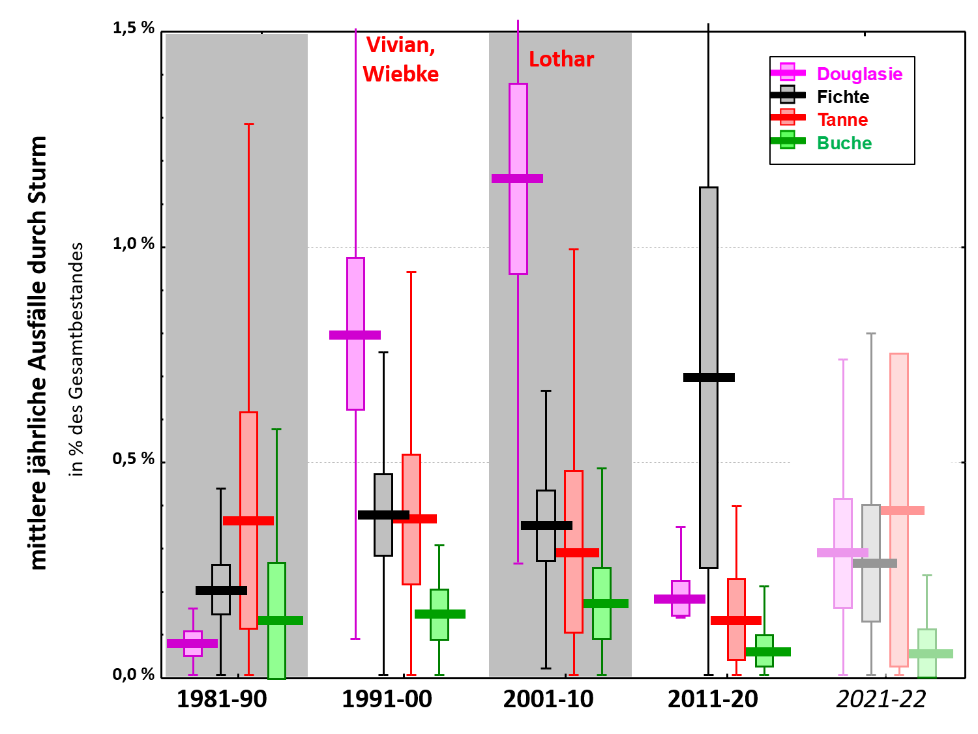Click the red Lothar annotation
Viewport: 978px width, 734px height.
pyautogui.click(x=561, y=59)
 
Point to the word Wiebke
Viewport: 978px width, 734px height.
pyautogui.click(x=400, y=74)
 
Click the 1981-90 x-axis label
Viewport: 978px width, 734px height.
pyautogui.click(x=222, y=699)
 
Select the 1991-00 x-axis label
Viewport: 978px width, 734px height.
pyautogui.click(x=387, y=699)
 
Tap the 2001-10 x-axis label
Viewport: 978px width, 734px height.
pyautogui.click(x=548, y=699)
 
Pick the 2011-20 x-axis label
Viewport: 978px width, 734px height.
pyautogui.click(x=713, y=699)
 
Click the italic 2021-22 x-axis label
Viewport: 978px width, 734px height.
pyautogui.click(x=881, y=699)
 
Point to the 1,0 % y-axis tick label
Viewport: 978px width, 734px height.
pyautogui.click(x=134, y=244)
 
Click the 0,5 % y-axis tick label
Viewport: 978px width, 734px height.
pyautogui.click(x=134, y=459)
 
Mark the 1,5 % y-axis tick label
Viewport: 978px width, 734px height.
pyautogui.click(x=134, y=28)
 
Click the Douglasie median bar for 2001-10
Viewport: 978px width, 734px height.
pyautogui.click(x=517, y=179)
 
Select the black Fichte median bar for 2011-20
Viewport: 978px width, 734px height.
pyautogui.click(x=709, y=377)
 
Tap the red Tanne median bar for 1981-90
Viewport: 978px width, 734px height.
pyautogui.click(x=248, y=521)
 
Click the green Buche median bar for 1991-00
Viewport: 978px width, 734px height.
pyautogui.click(x=440, y=614)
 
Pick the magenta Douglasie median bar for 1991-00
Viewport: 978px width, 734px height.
pyautogui.click(x=355, y=335)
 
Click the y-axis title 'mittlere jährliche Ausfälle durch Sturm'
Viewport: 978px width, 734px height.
pyautogui.click(x=39, y=353)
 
